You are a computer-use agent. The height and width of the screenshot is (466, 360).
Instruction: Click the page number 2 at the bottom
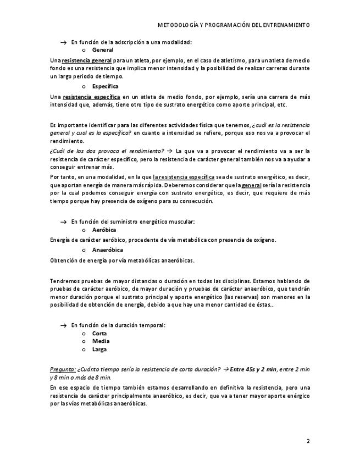308,441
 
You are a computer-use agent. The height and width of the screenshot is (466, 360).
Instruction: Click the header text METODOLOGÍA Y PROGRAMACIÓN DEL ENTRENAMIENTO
234,25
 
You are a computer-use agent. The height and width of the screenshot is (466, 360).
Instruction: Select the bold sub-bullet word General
103,50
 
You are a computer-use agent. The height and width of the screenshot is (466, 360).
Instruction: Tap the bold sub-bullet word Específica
105,87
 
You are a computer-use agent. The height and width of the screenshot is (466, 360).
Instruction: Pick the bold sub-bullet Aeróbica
104,230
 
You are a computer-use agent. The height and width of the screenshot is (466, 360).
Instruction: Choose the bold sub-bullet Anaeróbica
107,250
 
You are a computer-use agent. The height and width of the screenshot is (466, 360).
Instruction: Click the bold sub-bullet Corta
99,334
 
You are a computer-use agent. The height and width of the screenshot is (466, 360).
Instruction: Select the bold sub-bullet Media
101,341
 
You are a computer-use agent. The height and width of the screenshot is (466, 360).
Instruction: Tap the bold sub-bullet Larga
99,349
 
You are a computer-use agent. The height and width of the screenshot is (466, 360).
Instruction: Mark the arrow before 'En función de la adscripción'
63,42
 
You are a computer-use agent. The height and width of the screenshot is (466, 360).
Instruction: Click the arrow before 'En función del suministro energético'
63,222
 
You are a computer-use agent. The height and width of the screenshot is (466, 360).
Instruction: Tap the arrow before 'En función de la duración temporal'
63,325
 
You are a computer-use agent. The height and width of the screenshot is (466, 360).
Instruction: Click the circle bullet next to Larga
84,349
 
